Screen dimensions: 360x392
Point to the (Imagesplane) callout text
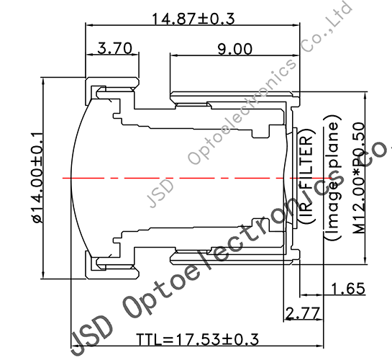[x=332, y=189]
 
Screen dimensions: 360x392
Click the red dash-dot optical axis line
[x=180, y=176]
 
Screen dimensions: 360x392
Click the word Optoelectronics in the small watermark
[x=241, y=108]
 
